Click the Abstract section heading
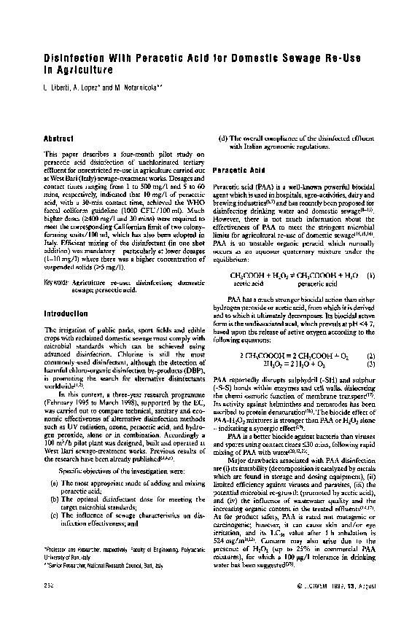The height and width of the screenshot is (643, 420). (x=59, y=138)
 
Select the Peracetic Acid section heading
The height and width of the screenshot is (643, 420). (x=238, y=170)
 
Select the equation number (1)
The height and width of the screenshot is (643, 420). (x=370, y=255)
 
